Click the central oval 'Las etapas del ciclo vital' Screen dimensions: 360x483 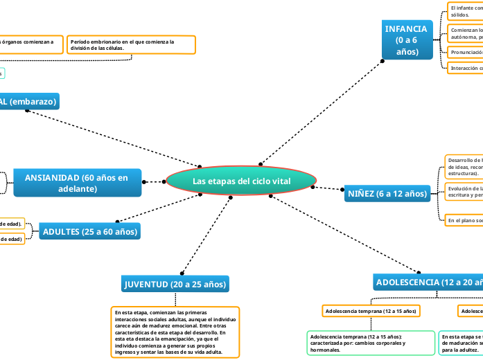(x=241, y=181)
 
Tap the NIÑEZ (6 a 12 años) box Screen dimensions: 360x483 (x=387, y=194)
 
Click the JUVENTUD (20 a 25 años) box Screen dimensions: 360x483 (x=175, y=284)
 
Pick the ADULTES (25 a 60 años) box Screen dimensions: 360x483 (x=89, y=231)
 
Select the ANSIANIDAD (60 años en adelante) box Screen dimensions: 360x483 (x=76, y=183)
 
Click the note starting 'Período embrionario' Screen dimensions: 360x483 (x=132, y=45)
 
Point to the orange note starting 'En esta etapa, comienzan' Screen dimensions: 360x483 (x=175, y=332)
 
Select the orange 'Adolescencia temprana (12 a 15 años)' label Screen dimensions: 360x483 (x=371, y=311)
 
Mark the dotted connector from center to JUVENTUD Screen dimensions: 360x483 (x=206, y=236)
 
